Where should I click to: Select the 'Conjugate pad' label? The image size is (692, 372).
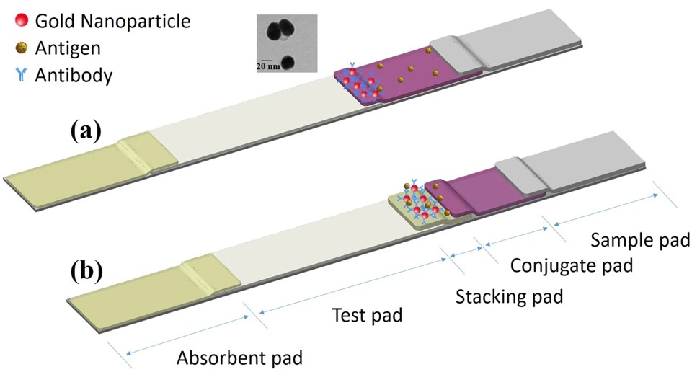click(572, 266)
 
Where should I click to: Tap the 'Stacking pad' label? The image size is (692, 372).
click(509, 296)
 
